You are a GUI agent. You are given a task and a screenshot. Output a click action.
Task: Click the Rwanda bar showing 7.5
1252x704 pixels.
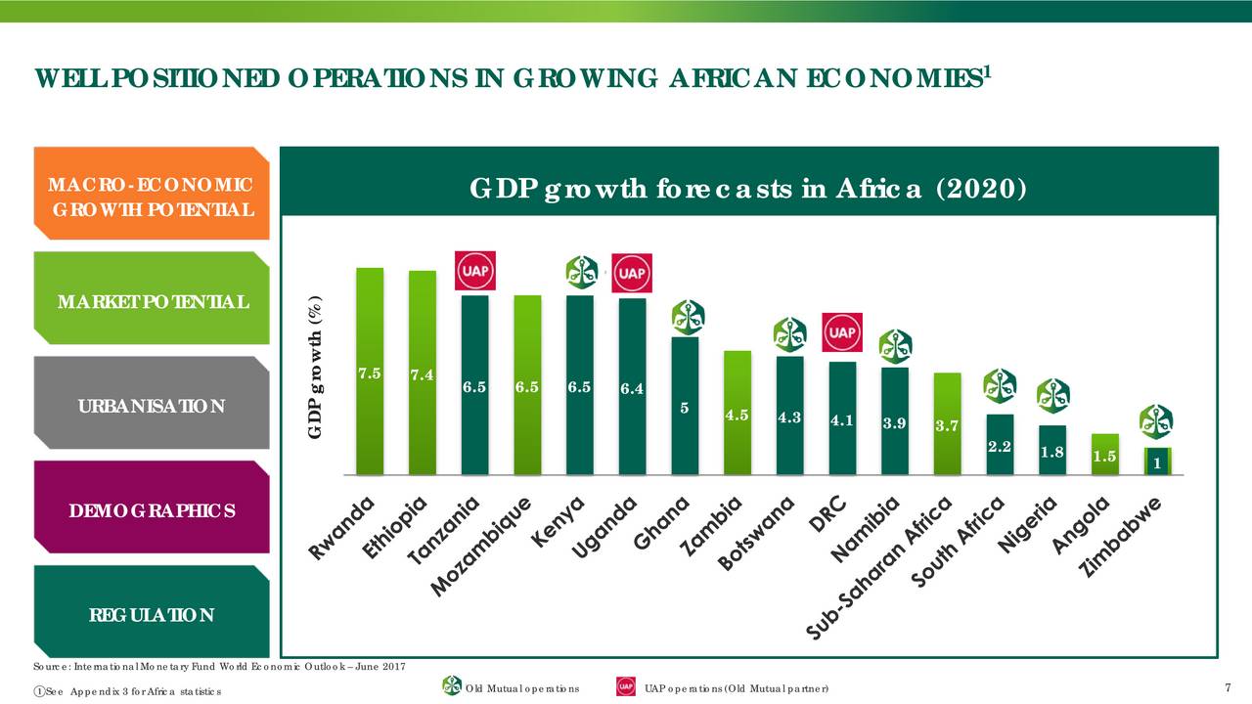pos(370,371)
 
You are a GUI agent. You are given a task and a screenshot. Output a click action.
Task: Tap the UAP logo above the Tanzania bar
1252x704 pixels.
pos(475,271)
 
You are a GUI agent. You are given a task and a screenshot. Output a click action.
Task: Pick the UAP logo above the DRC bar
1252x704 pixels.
pos(842,332)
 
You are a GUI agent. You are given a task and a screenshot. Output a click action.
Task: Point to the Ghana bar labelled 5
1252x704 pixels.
pos(685,405)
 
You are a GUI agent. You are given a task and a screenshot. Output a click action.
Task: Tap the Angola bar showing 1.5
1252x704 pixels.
pos(1105,454)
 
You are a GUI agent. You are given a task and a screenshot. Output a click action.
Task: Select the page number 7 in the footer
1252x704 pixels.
pos(1228,688)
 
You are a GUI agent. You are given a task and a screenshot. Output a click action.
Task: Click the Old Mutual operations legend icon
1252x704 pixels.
pos(452,686)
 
